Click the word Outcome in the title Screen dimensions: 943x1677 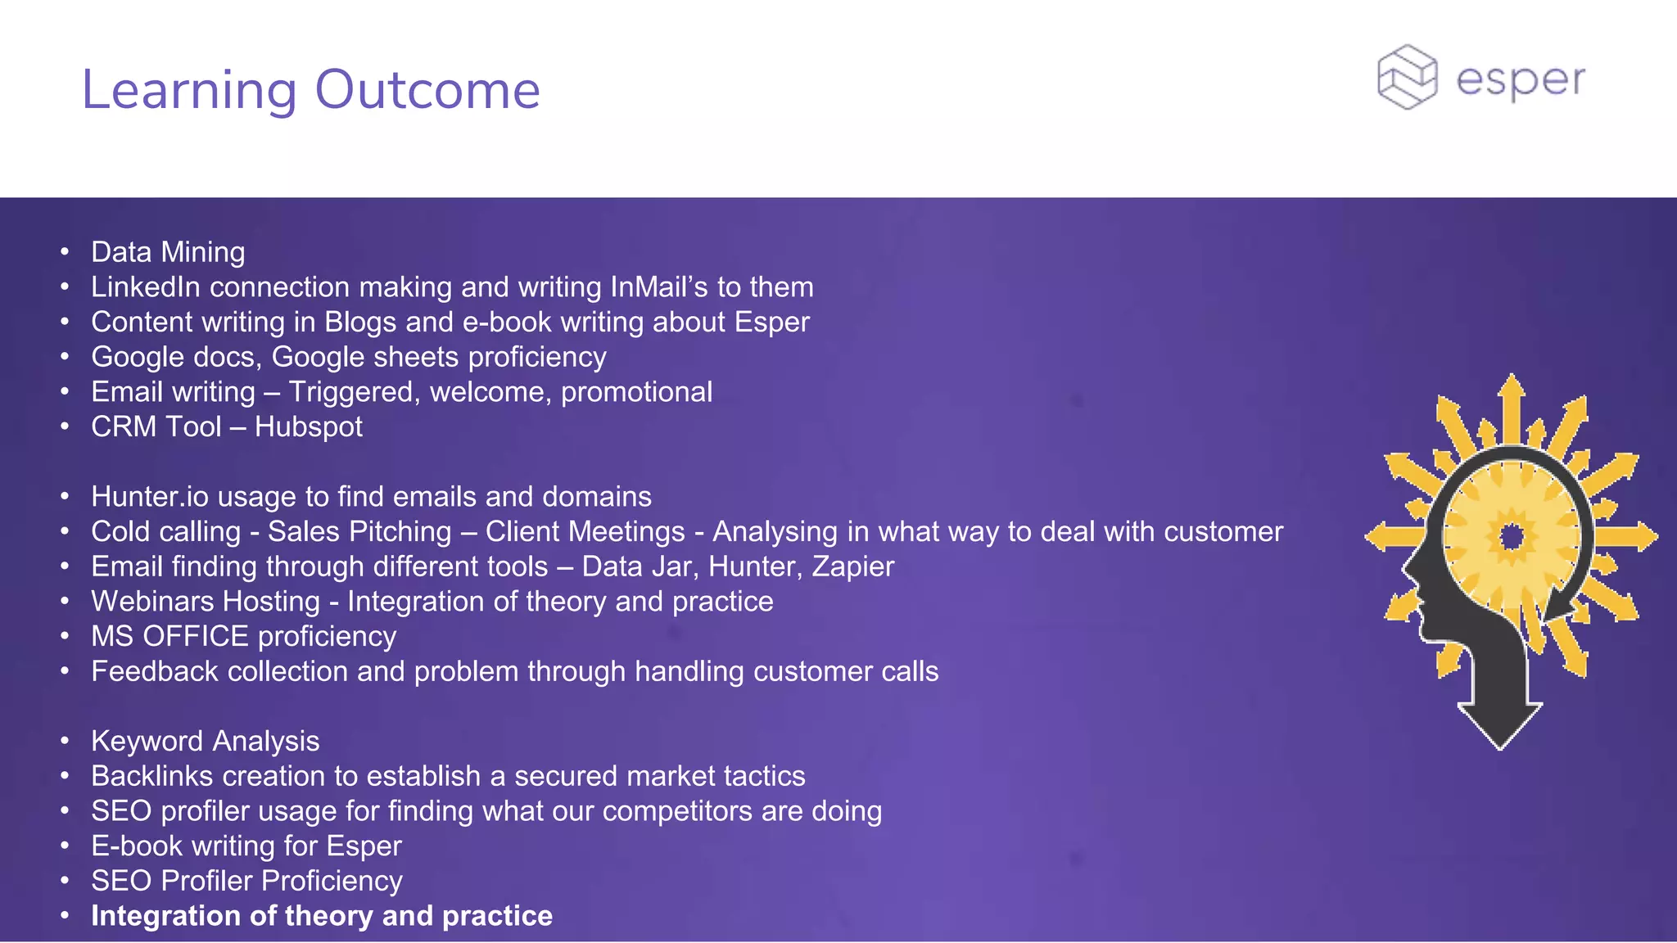click(x=427, y=89)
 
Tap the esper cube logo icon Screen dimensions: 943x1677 click(x=1407, y=77)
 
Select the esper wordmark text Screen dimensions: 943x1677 click(x=1521, y=80)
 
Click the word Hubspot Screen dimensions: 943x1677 click(x=308, y=426)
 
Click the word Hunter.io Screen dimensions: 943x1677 click(x=149, y=497)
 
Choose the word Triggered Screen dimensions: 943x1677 click(x=354, y=392)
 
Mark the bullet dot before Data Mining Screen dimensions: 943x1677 click(x=65, y=252)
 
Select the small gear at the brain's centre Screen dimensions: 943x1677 click(x=1512, y=537)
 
